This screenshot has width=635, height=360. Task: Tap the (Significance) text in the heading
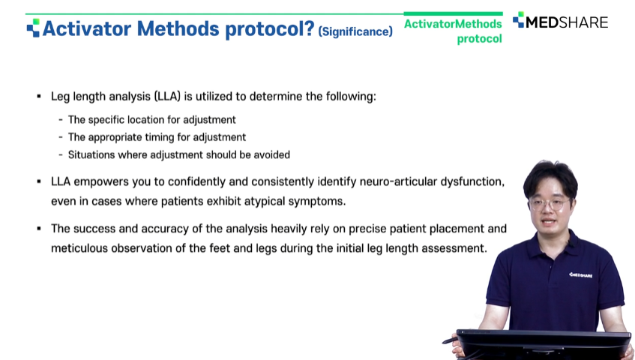point(355,31)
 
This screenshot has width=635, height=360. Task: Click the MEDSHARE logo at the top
point(561,21)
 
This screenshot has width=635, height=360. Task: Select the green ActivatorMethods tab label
point(453,24)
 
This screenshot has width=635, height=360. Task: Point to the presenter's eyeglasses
point(549,204)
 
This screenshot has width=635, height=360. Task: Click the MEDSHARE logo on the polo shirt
point(581,275)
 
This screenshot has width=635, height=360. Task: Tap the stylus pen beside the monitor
point(450,340)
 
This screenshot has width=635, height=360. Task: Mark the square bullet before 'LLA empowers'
point(39,181)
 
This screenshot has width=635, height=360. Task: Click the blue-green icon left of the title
point(33,28)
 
